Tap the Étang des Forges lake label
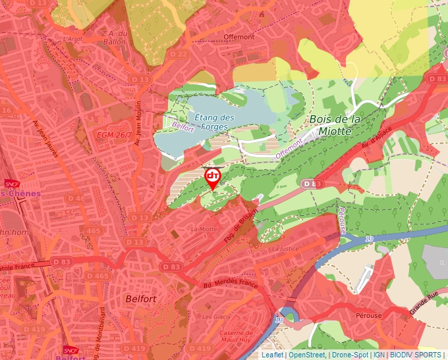pyautogui.click(x=215, y=122)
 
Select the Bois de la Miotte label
pyautogui.click(x=335, y=125)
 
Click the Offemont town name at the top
pyautogui.click(x=238, y=37)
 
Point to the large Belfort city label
pyautogui.click(x=140, y=299)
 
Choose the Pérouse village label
pyautogui.click(x=369, y=315)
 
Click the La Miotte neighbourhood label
pyautogui.click(x=203, y=228)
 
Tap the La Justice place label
pyautogui.click(x=285, y=249)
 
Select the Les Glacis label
pyautogui.click(x=216, y=317)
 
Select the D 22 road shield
pyautogui.click(x=178, y=53)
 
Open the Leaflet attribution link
pyautogui.click(x=272, y=355)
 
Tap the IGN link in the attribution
pyautogui.click(x=379, y=355)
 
